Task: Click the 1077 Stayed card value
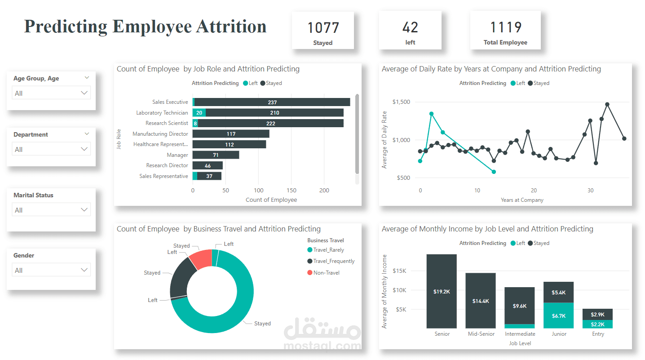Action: click(323, 28)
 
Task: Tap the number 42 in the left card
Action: click(410, 28)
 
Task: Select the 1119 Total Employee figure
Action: click(505, 28)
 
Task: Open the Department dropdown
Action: click(51, 149)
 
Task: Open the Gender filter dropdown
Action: click(51, 270)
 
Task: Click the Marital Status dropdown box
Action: click(51, 210)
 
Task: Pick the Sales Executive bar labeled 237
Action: click(272, 102)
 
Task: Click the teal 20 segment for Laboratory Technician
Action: click(199, 113)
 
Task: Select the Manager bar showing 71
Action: click(216, 155)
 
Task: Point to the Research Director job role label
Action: click(167, 165)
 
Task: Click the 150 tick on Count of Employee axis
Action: click(291, 191)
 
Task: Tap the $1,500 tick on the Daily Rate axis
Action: click(401, 102)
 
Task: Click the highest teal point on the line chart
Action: click(431, 114)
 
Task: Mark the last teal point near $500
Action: click(494, 172)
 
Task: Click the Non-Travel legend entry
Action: click(326, 273)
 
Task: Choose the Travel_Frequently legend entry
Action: click(333, 261)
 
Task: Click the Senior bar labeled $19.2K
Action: click(442, 291)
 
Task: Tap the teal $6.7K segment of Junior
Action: click(558, 316)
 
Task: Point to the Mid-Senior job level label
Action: click(481, 334)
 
